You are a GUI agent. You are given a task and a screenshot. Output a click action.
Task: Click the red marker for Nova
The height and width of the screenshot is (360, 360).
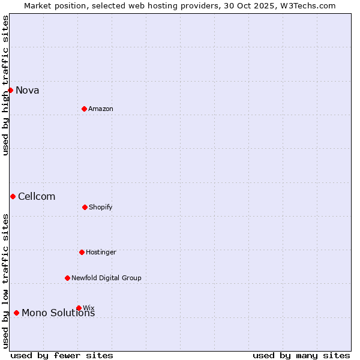point(10,90)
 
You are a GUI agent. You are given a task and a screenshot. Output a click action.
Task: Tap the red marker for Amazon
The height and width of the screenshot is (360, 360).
point(84,109)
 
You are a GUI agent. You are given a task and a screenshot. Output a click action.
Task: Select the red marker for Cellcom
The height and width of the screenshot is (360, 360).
point(13,196)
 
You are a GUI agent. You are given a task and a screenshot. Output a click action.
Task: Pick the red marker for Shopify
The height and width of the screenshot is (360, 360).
point(85,207)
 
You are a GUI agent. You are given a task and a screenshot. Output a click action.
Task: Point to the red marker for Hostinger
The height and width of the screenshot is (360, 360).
point(82,252)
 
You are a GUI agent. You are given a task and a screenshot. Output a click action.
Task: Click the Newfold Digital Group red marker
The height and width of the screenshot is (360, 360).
point(67,278)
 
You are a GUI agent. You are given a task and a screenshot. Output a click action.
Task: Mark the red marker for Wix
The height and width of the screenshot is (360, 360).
point(79,308)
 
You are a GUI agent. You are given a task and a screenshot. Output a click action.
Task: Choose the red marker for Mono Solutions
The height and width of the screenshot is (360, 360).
point(16,313)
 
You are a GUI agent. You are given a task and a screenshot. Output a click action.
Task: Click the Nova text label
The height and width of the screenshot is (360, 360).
point(28,91)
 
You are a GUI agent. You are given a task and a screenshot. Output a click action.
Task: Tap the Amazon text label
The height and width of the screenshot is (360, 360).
point(101,109)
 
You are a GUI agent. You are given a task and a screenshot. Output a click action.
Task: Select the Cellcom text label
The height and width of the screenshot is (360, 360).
point(37,197)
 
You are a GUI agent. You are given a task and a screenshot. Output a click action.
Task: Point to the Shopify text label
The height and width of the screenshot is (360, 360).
point(101,208)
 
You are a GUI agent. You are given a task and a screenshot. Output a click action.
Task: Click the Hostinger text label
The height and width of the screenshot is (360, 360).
point(101,253)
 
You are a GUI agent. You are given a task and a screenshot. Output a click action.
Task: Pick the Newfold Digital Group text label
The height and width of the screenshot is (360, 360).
point(106,278)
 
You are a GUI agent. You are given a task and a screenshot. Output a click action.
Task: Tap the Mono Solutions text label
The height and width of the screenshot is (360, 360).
point(58,313)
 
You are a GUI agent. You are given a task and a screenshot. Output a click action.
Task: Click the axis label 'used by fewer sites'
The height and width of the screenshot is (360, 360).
point(62,355)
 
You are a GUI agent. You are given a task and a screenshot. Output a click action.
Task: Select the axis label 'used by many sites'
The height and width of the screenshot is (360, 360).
point(301,355)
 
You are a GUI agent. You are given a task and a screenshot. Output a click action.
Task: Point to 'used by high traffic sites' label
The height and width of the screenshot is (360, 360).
point(6,85)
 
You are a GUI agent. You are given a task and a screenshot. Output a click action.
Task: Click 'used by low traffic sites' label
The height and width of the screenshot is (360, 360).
point(6,281)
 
